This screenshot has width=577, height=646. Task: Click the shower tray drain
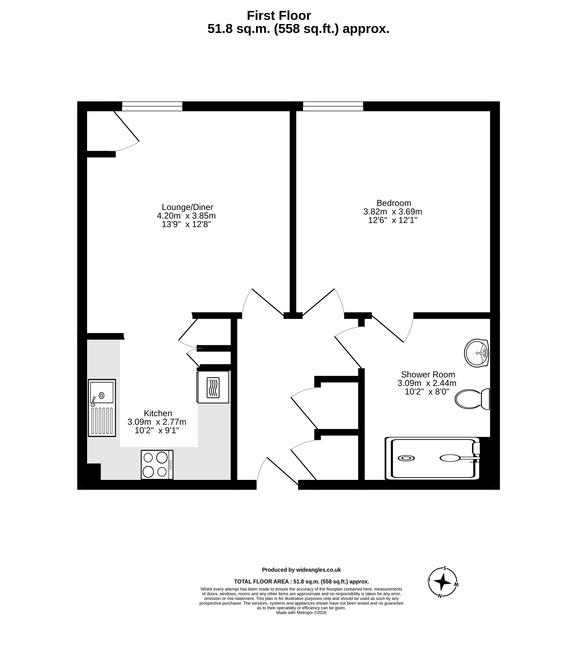point(406,458)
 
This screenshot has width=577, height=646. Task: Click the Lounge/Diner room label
point(187,207)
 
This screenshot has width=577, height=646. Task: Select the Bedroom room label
point(394,203)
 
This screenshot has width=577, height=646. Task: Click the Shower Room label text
point(428,375)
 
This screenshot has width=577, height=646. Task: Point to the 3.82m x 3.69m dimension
point(393,212)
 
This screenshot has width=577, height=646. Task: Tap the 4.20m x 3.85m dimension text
point(186,216)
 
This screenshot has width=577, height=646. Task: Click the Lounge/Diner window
point(152,106)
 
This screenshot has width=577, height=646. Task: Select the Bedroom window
point(333,106)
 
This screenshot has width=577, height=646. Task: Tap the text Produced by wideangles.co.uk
point(301,570)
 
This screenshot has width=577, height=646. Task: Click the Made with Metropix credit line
point(301,613)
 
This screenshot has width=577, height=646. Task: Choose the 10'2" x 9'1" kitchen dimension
point(157,431)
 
